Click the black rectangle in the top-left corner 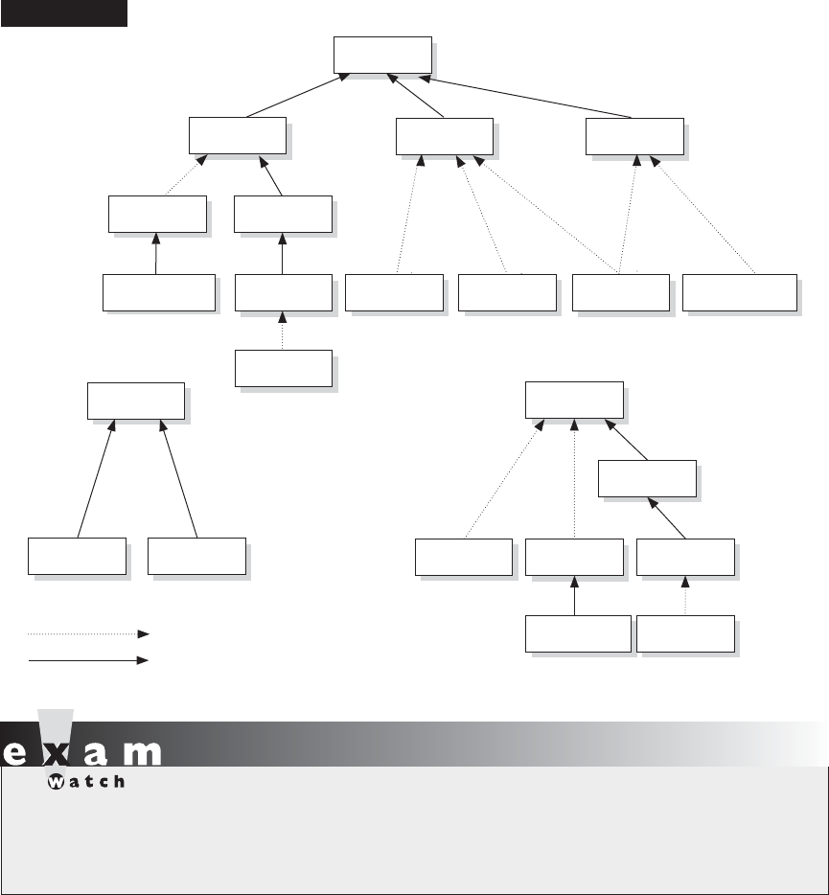tap(64, 13)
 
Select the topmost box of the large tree tap(382, 55)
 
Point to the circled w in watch tap(55, 781)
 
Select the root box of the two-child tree tap(135, 401)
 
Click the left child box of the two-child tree tap(77, 556)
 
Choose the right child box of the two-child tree tap(196, 556)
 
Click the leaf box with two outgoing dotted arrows tap(619, 292)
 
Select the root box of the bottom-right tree tap(573, 400)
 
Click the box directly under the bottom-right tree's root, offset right tap(647, 478)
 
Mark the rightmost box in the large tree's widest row tap(739, 292)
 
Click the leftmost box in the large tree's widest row tap(158, 292)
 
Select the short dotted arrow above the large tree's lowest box tap(283, 331)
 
